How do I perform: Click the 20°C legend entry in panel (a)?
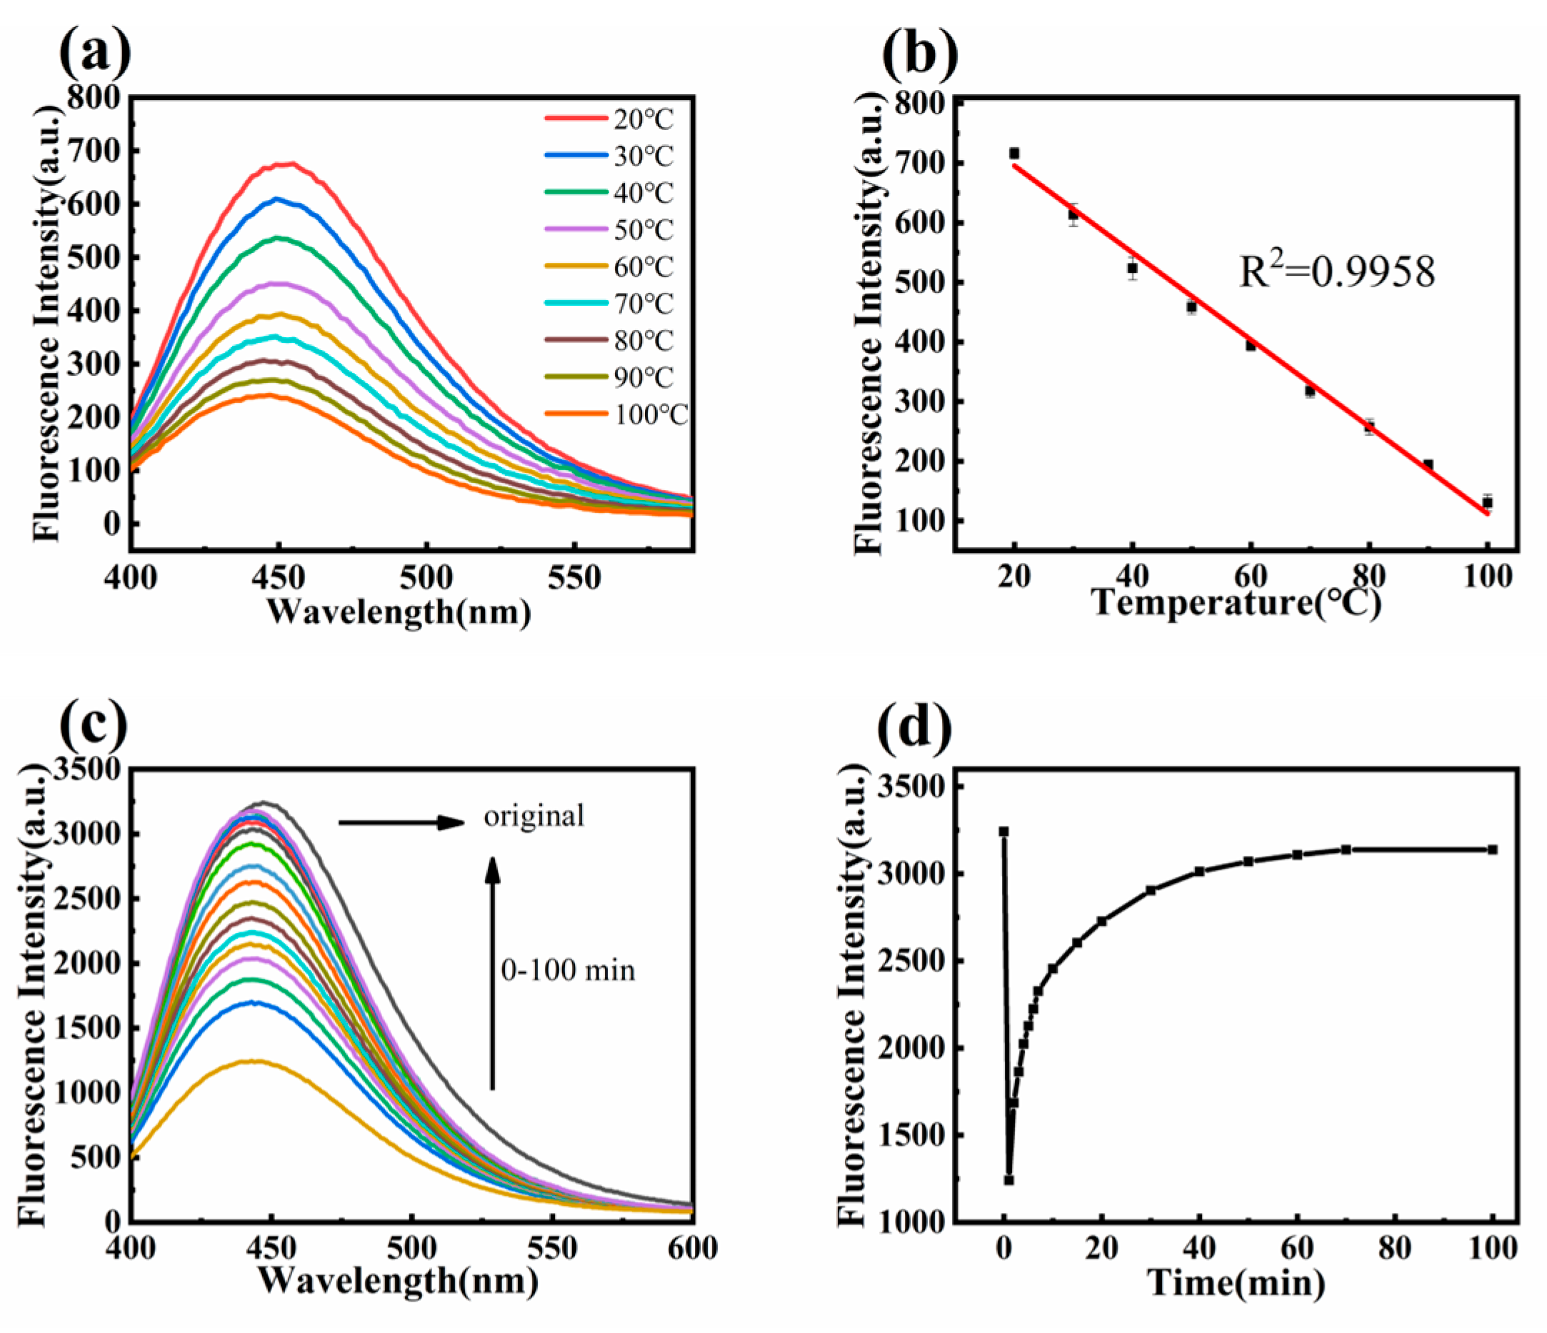pyautogui.click(x=609, y=119)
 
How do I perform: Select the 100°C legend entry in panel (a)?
pyautogui.click(x=616, y=414)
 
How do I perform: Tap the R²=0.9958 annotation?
pyautogui.click(x=1337, y=273)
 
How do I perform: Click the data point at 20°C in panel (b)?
pyautogui.click(x=1014, y=153)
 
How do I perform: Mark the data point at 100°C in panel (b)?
pyautogui.click(x=1487, y=503)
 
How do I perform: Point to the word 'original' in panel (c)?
pyautogui.click(x=534, y=816)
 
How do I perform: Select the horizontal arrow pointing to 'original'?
pyautogui.click(x=401, y=823)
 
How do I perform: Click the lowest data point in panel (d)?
pyautogui.click(x=1008, y=1180)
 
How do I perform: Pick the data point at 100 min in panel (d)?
pyautogui.click(x=1493, y=849)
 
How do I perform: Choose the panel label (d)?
pyautogui.click(x=916, y=727)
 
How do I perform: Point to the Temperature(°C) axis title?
pyautogui.click(x=1236, y=602)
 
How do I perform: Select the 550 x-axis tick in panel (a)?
pyautogui.click(x=574, y=577)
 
